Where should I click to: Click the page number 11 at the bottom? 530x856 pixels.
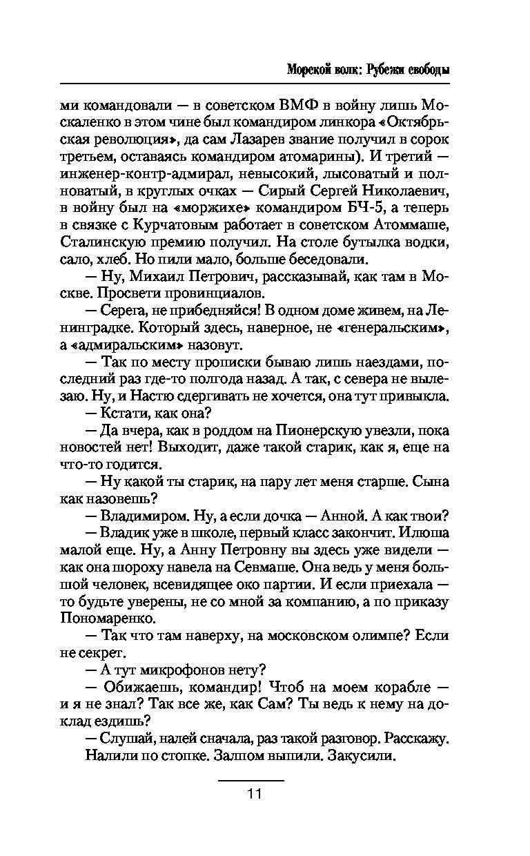pos(252,793)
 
